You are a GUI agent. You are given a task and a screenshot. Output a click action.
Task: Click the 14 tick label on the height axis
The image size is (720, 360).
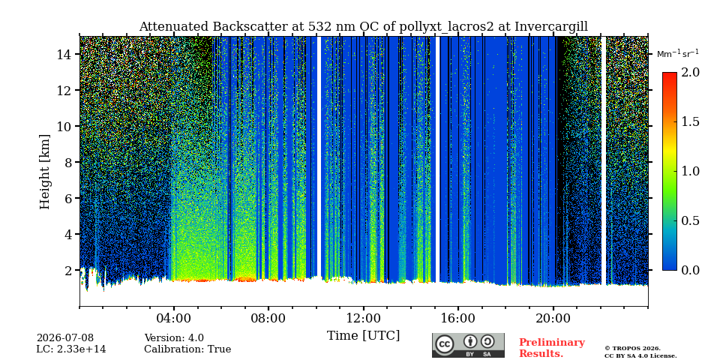pyautogui.click(x=64, y=54)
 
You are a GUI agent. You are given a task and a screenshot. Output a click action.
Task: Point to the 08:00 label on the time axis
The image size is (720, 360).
pyautogui.click(x=268, y=318)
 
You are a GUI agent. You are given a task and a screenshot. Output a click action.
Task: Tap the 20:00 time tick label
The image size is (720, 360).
pyautogui.click(x=553, y=318)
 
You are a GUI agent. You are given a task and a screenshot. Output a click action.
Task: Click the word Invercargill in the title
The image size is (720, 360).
pyautogui.click(x=551, y=27)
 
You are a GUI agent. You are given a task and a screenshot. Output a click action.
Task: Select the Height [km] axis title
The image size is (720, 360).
pyautogui.click(x=44, y=172)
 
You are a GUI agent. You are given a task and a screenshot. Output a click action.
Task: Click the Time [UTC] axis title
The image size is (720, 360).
pyautogui.click(x=363, y=336)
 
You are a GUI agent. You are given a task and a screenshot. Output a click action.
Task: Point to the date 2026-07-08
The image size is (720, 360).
pyautogui.click(x=65, y=338)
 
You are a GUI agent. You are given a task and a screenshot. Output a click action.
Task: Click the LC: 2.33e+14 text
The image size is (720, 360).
pyautogui.click(x=71, y=349)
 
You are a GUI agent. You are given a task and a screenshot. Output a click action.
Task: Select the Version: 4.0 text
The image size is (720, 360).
pyautogui.click(x=174, y=338)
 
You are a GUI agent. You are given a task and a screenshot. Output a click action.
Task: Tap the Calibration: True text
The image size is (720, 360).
pyautogui.click(x=187, y=349)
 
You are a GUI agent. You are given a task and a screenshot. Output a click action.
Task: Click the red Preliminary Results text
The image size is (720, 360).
pyautogui.click(x=552, y=348)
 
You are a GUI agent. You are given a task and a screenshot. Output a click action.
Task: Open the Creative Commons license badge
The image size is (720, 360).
pyautogui.click(x=468, y=345)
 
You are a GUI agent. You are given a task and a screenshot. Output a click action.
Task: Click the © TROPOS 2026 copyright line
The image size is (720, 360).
pyautogui.click(x=632, y=349)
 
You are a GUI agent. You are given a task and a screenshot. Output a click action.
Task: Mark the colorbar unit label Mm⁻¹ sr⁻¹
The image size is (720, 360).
pyautogui.click(x=678, y=54)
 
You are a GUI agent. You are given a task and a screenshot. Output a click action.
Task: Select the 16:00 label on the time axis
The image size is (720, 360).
pyautogui.click(x=458, y=318)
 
